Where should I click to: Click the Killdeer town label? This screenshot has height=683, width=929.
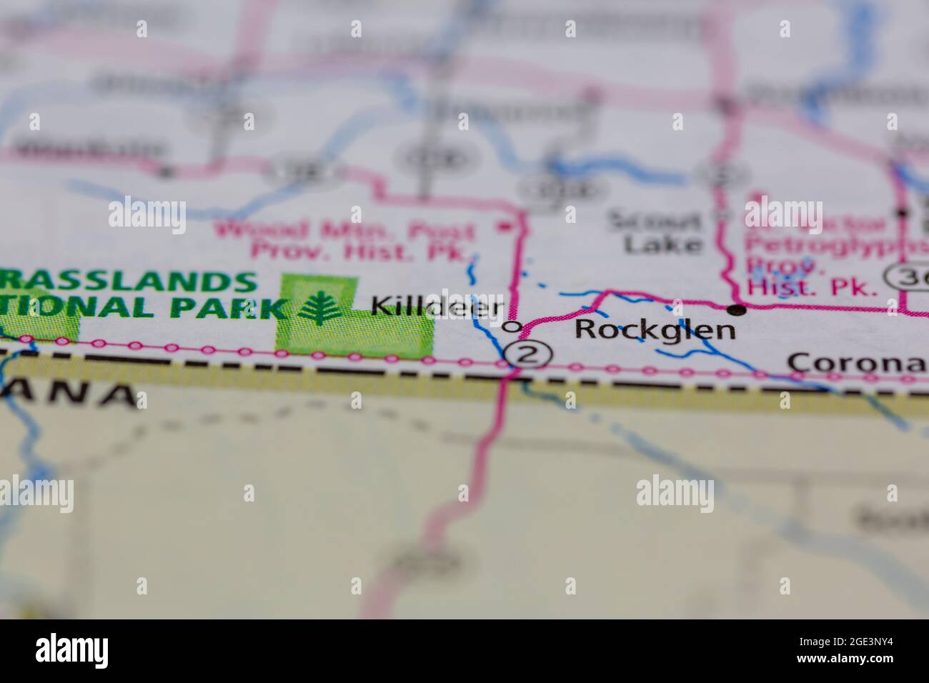pos(437,306)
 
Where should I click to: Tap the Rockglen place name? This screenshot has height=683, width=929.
pos(655,329)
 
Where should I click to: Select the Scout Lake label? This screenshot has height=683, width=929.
pos(654,231)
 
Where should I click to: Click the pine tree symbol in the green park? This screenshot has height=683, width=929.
pos(319,308)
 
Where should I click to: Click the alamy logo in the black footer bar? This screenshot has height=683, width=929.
pos(72,651)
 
